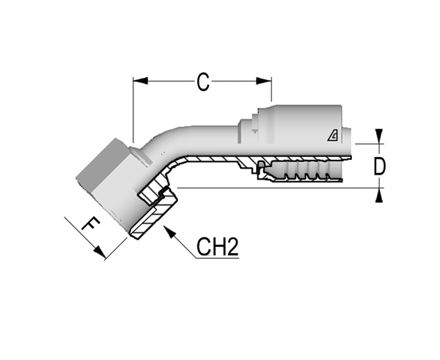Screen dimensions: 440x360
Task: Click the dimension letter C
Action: point(203,82)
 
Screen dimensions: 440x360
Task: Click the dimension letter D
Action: point(379,166)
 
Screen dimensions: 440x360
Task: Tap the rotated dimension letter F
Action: point(91,224)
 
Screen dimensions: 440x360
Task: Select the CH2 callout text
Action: point(218,246)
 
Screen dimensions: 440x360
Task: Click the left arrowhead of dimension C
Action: point(140,81)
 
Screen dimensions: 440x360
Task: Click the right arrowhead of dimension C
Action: point(264,81)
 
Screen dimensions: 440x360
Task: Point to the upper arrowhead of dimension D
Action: point(379,136)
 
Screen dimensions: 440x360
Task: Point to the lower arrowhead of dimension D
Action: point(379,195)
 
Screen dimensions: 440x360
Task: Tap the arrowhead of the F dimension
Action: point(100,251)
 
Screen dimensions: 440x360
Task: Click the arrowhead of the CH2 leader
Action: point(170,232)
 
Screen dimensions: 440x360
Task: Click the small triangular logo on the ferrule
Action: point(333,136)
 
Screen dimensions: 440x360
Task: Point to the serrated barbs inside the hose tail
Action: point(306,170)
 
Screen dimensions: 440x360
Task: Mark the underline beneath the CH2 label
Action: point(218,257)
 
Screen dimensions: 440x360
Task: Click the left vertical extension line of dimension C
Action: point(133,110)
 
